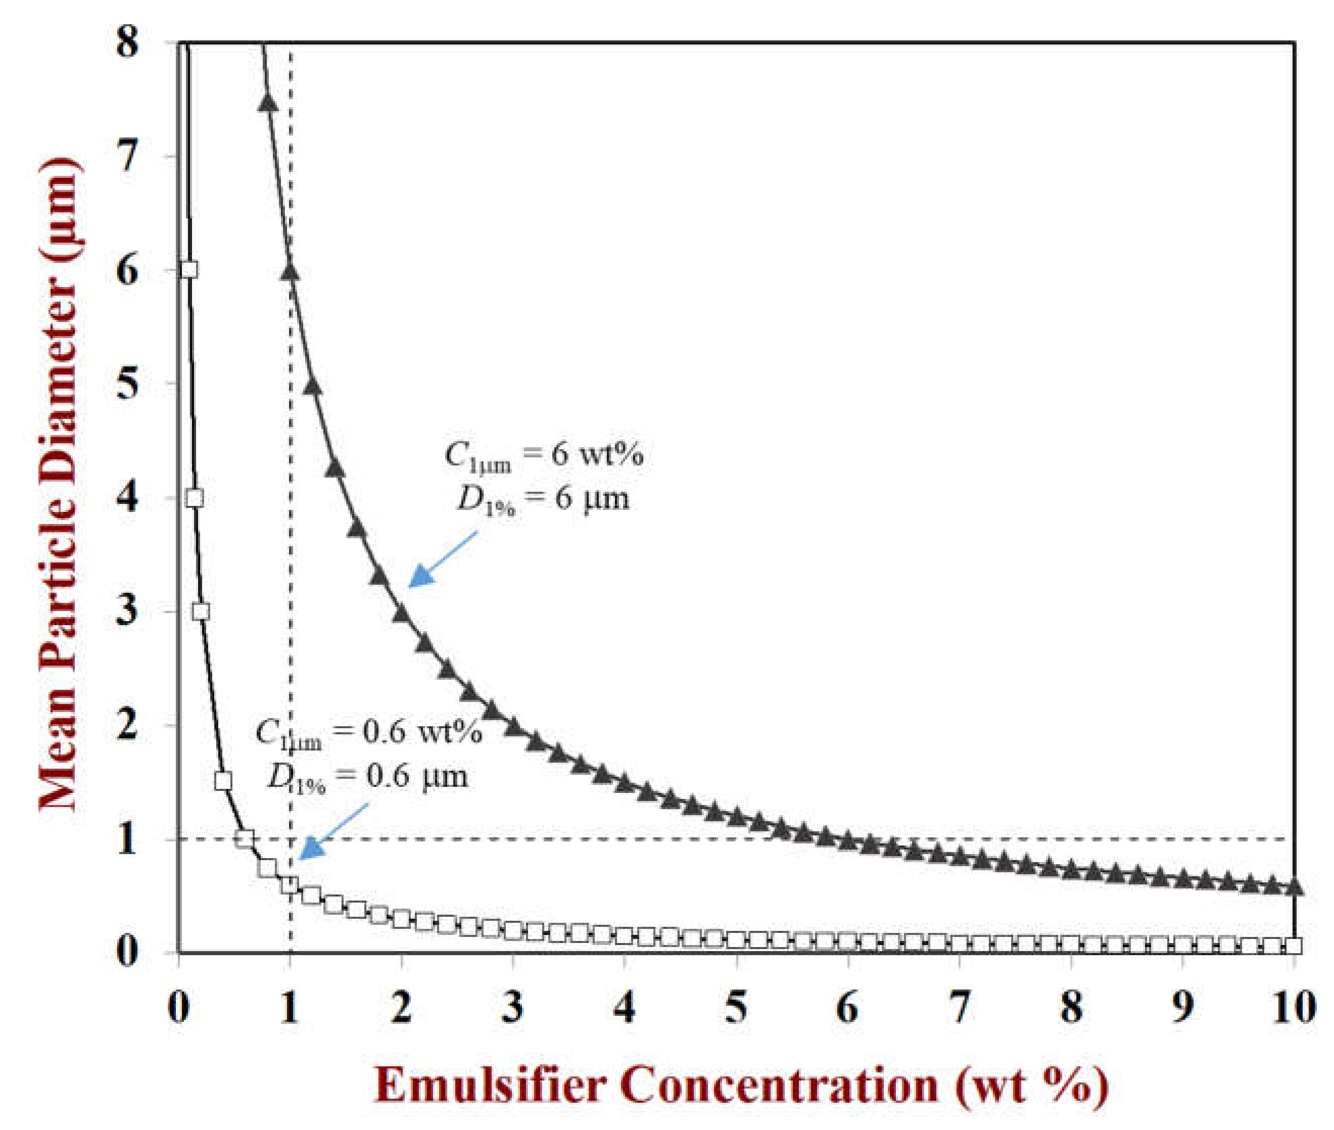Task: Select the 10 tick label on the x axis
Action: coord(1294,1008)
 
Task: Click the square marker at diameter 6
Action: coord(188,270)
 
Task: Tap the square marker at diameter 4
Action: coord(194,498)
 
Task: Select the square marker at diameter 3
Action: coord(201,611)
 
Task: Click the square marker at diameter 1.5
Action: coord(223,781)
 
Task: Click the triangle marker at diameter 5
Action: coord(312,386)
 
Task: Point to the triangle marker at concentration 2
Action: coord(402,614)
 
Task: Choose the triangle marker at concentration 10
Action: coord(1294,886)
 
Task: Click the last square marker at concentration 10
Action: coord(1294,946)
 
